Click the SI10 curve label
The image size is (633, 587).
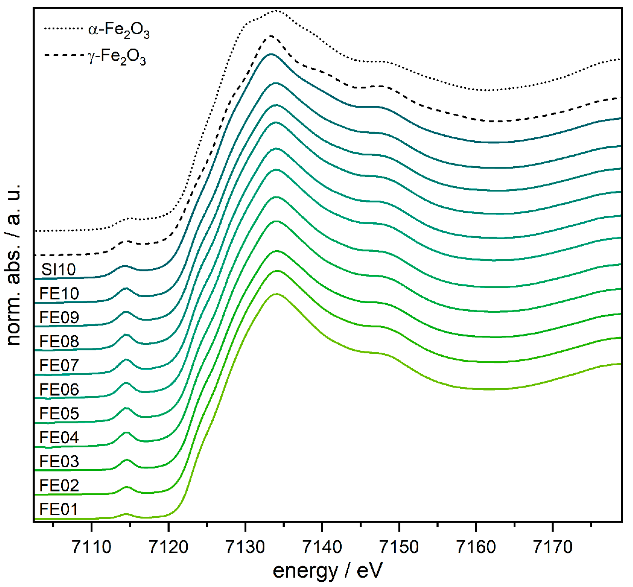pyautogui.click(x=58, y=269)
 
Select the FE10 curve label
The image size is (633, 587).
pyautogui.click(x=59, y=293)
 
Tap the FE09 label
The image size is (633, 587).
pyautogui.click(x=59, y=317)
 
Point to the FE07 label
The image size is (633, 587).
pyautogui.click(x=59, y=365)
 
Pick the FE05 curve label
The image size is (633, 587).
pyautogui.click(x=59, y=413)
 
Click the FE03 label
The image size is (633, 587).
pyautogui.click(x=59, y=461)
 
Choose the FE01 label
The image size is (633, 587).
pyautogui.click(x=58, y=509)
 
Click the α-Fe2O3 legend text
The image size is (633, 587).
pyautogui.click(x=119, y=31)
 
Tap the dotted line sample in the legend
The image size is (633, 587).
pyautogui.click(x=63, y=29)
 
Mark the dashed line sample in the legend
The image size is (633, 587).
pyautogui.click(x=63, y=54)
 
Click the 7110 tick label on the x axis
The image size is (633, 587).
pyautogui.click(x=92, y=547)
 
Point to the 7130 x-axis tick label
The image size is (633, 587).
pyautogui.click(x=245, y=547)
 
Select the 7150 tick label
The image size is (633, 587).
pyautogui.click(x=399, y=547)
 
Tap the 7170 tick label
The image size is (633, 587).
pyautogui.click(x=553, y=547)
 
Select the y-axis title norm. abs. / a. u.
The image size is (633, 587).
pyautogui.click(x=14, y=264)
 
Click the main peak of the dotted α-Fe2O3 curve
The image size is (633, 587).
pyautogui.click(x=275, y=11)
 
